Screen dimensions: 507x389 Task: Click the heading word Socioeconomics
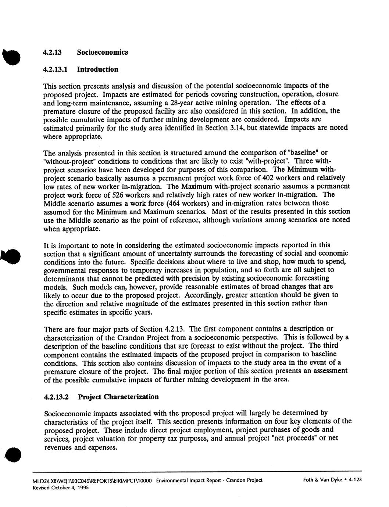pyautogui.click(x=102, y=52)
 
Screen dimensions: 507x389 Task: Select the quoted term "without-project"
pyautogui.click(x=70, y=161)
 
